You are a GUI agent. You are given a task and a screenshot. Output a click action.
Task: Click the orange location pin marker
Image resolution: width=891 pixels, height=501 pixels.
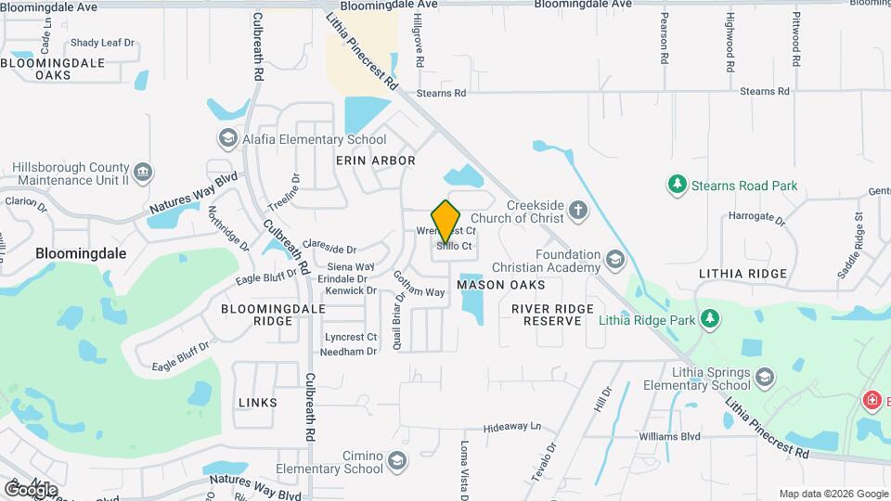click(446, 221)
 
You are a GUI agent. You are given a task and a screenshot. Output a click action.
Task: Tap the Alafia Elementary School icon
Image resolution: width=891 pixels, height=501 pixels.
click(226, 139)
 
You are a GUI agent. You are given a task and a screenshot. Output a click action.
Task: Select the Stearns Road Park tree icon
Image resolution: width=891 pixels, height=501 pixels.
click(678, 185)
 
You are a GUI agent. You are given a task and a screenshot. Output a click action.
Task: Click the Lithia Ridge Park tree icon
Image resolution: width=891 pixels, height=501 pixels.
click(710, 320)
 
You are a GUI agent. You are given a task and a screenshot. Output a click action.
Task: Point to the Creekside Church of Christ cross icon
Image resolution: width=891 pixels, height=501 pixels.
click(578, 210)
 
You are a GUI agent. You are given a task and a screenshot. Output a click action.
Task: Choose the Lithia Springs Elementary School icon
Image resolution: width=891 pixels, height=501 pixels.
click(764, 377)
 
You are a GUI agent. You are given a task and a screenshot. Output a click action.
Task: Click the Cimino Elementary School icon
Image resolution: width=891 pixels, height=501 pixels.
click(397, 461)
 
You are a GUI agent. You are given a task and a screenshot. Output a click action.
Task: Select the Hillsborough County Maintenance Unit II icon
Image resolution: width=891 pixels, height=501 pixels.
click(143, 172)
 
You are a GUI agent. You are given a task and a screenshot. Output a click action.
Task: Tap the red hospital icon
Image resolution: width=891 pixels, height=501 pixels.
click(872, 401)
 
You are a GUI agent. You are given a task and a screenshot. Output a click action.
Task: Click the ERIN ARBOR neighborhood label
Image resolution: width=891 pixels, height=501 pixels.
click(375, 161)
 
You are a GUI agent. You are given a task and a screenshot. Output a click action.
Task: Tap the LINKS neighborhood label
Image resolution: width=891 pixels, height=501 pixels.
click(257, 403)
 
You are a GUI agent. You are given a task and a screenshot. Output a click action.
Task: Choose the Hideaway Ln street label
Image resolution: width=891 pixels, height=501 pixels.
click(511, 428)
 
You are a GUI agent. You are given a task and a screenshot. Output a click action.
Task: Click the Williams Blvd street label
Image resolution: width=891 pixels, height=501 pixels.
click(669, 436)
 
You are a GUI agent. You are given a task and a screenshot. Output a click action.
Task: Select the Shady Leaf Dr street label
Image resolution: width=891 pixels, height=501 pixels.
click(102, 43)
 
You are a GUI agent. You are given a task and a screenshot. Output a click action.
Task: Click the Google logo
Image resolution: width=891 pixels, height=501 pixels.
click(31, 489)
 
